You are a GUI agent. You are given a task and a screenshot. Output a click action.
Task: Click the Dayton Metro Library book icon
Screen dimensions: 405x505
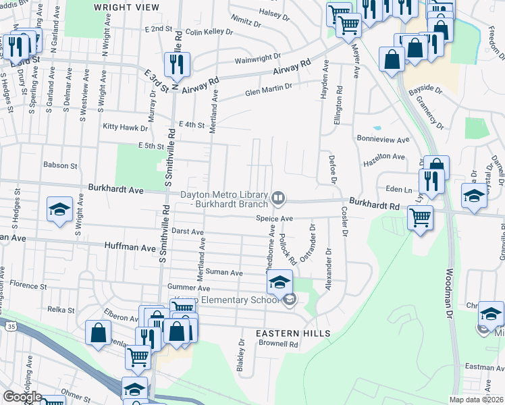[x=278, y=198]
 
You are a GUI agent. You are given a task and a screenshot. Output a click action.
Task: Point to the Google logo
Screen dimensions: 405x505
[x=22, y=397]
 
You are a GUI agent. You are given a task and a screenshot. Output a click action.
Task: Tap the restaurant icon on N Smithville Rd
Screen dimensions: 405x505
[x=177, y=64]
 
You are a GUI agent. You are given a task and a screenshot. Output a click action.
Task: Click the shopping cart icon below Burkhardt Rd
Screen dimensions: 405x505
[x=421, y=218]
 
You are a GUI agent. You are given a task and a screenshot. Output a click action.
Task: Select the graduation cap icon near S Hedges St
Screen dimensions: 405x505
[x=59, y=209]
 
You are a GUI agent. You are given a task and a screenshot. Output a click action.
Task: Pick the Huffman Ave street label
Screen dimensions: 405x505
[x=129, y=248]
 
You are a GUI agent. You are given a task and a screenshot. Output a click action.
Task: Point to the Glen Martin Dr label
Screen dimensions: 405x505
[x=269, y=90]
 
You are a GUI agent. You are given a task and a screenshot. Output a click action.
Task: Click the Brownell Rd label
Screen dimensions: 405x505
[x=280, y=344]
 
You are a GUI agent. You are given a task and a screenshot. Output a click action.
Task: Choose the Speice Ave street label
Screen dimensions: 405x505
[x=274, y=219]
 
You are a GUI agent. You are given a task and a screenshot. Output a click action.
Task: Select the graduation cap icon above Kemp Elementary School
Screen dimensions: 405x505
[x=280, y=281]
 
